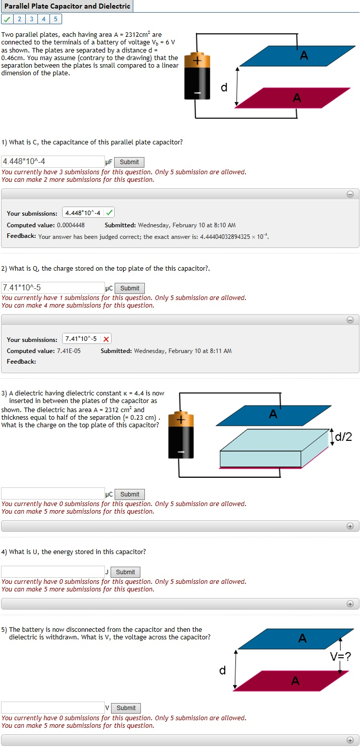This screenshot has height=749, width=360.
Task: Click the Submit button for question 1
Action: pyautogui.click(x=129, y=162)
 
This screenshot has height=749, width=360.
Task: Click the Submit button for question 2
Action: pyautogui.click(x=129, y=288)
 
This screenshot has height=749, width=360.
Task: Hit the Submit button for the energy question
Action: pyautogui.click(x=125, y=572)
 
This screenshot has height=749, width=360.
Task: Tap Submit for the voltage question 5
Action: pyautogui.click(x=126, y=708)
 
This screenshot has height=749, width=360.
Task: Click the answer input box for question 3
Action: pyautogui.click(x=53, y=494)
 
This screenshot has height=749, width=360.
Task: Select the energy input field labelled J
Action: pyautogui.click(x=53, y=572)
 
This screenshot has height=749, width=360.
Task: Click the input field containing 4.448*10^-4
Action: pyautogui.click(x=53, y=162)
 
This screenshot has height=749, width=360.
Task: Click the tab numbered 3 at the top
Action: pyautogui.click(x=31, y=19)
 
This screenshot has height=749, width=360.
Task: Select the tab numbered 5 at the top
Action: pyautogui.click(x=56, y=19)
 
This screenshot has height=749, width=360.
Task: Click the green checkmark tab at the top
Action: pyautogui.click(x=7, y=19)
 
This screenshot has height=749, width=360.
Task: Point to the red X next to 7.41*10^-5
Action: pyautogui.click(x=107, y=339)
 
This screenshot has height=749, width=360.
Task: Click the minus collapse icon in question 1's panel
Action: pyautogui.click(x=350, y=194)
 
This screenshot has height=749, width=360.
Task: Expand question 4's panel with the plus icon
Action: pyautogui.click(x=350, y=604)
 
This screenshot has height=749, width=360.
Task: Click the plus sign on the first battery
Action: pyautogui.click(x=197, y=61)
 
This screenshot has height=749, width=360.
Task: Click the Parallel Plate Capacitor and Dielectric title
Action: pyautogui.click(x=67, y=7)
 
